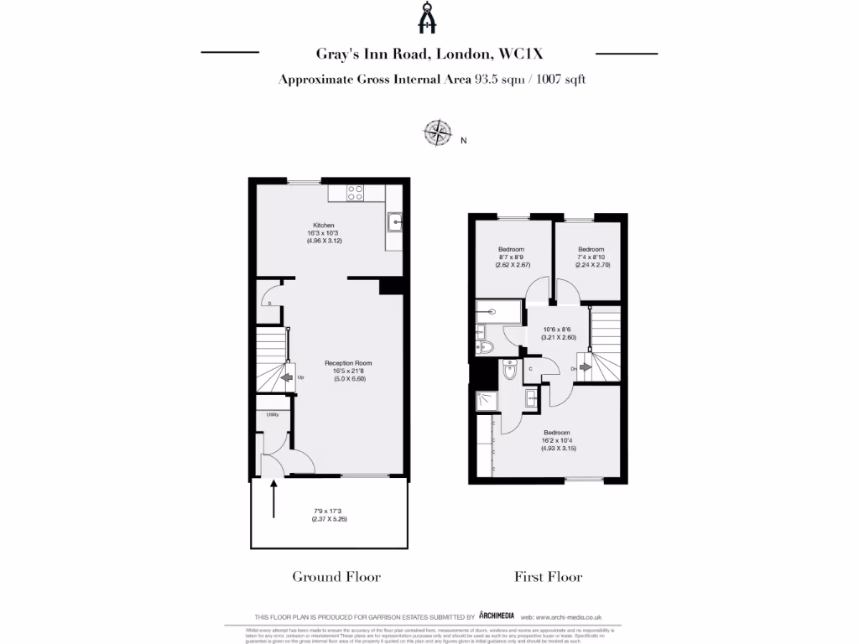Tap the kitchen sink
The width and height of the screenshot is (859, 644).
click(x=394, y=222)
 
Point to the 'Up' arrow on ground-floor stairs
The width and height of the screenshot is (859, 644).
click(x=287, y=377)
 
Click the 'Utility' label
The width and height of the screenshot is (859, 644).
click(x=273, y=415)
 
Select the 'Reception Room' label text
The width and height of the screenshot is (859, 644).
click(x=348, y=363)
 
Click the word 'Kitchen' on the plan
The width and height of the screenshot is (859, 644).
click(x=324, y=226)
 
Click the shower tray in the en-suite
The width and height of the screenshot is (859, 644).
click(x=487, y=401)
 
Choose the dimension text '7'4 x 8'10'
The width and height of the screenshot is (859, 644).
click(x=591, y=257)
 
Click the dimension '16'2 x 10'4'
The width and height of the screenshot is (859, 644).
click(x=558, y=440)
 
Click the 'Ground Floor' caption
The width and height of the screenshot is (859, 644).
click(x=336, y=576)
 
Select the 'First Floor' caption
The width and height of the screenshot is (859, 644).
click(x=548, y=576)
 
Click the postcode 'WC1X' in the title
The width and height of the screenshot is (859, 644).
click(x=521, y=55)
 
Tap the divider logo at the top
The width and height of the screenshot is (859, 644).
click(x=429, y=19)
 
